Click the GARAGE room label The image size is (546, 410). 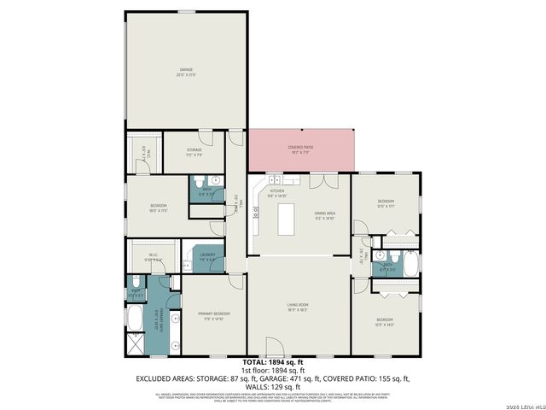pyautogui.click(x=186, y=71)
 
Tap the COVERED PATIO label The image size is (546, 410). pyautogui.click(x=299, y=150)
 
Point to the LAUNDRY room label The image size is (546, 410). pyautogui.click(x=206, y=256)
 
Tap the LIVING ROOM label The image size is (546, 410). pyautogui.click(x=297, y=306)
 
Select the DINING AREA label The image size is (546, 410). pyautogui.click(x=324, y=215)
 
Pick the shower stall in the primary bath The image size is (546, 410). pyautogui.click(x=135, y=344)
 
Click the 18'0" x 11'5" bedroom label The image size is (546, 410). pyautogui.click(x=159, y=208)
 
